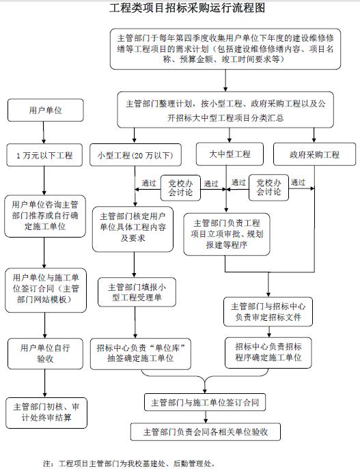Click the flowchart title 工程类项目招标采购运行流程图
(187, 8)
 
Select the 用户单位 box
(46, 111)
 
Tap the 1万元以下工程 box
(44, 155)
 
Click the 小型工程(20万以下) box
(135, 155)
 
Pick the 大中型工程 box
(230, 154)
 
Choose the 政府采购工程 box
(314, 154)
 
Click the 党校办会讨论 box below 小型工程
(180, 188)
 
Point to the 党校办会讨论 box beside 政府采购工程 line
(268, 188)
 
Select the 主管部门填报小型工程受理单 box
(137, 292)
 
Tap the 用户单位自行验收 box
(45, 354)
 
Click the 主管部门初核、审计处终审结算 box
(46, 413)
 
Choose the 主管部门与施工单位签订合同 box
(205, 403)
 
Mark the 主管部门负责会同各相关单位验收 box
(206, 431)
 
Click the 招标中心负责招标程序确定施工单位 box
(268, 353)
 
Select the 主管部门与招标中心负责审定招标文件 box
(268, 312)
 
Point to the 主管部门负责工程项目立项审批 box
(227, 234)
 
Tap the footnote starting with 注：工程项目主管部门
(129, 464)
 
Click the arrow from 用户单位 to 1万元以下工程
(44, 132)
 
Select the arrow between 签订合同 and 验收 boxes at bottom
(206, 417)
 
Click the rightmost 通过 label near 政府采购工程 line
(298, 182)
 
